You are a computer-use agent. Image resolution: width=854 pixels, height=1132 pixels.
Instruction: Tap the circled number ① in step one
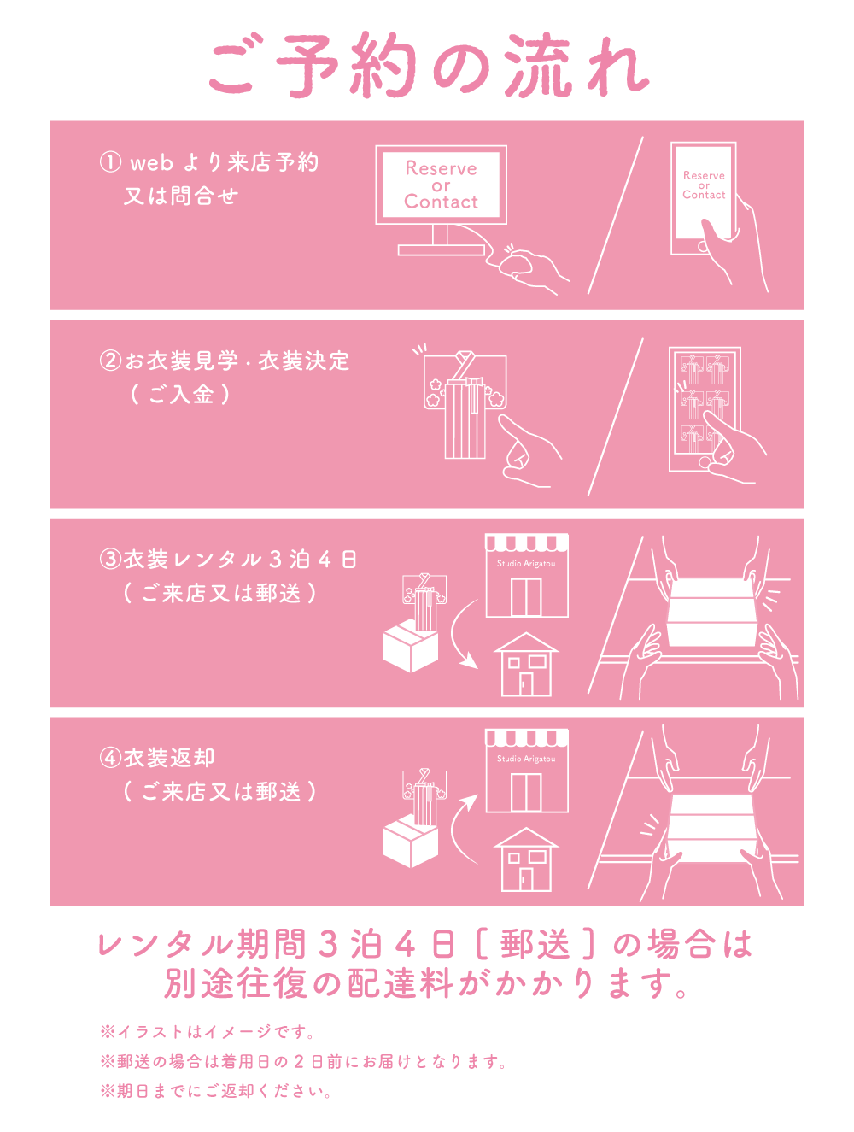110,162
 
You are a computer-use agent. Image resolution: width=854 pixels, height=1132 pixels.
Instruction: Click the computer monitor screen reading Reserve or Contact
441,185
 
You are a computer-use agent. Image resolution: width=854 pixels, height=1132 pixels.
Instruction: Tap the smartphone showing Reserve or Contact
703,198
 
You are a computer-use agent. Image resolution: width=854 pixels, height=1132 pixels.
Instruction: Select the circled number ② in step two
110,361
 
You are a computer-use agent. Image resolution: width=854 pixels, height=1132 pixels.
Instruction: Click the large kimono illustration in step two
465,405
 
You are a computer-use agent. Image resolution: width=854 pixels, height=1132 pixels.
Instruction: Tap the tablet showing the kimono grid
705,409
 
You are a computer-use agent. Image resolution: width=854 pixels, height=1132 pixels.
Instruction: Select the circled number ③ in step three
110,559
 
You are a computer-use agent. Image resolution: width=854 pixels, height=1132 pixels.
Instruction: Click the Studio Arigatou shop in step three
527,576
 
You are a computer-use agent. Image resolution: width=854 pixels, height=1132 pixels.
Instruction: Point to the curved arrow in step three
455,636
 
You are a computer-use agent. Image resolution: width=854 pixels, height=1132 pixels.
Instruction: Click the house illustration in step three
526,664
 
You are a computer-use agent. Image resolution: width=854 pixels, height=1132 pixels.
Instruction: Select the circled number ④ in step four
110,758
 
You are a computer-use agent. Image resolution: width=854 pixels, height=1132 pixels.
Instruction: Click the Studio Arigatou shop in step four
527,771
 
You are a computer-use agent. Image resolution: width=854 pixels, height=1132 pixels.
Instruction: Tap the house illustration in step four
526,859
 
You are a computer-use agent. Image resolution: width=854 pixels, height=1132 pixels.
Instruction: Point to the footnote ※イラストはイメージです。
208,1032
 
